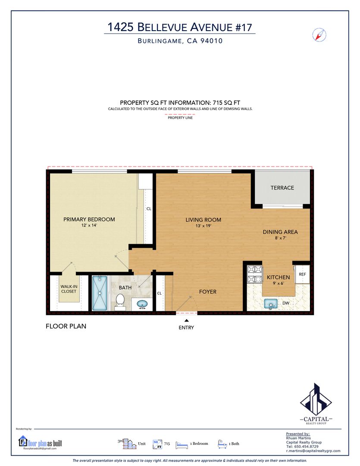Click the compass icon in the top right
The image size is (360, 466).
(319, 35)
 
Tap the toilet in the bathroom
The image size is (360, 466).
(120, 300)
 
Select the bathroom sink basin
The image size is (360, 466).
(142, 304)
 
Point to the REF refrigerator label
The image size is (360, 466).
(302, 274)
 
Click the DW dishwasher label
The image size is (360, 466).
(286, 303)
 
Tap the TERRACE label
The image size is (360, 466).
(282, 188)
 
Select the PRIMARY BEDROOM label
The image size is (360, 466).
(89, 219)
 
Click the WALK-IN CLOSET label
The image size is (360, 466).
(69, 289)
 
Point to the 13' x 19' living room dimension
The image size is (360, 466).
(203, 226)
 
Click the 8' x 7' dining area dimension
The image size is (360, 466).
(280, 238)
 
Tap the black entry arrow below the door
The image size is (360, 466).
(187, 320)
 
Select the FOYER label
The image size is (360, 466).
(208, 292)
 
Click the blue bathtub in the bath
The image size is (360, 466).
(100, 293)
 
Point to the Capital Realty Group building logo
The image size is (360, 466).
(316, 399)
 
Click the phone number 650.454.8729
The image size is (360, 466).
(306, 447)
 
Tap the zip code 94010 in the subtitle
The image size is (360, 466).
(212, 41)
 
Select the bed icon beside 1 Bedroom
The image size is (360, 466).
(182, 444)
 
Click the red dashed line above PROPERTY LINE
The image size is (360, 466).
(180, 114)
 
